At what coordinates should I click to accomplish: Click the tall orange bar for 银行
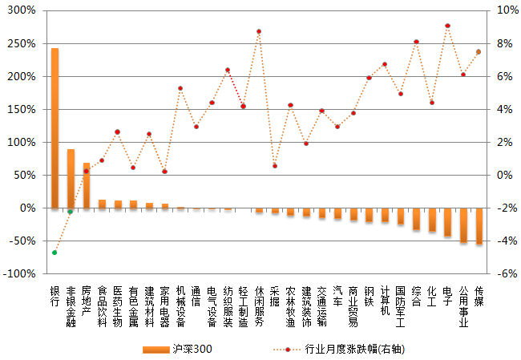click(55, 128)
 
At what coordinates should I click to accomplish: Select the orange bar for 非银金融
click(71, 179)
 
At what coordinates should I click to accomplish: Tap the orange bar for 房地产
click(86, 185)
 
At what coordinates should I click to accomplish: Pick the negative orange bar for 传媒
click(479, 226)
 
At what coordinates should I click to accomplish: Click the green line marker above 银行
click(55, 253)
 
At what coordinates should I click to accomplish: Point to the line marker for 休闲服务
click(259, 31)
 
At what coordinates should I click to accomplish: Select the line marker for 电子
click(447, 26)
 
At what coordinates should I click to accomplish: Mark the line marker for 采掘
click(274, 166)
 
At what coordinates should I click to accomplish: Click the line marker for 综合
click(416, 42)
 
